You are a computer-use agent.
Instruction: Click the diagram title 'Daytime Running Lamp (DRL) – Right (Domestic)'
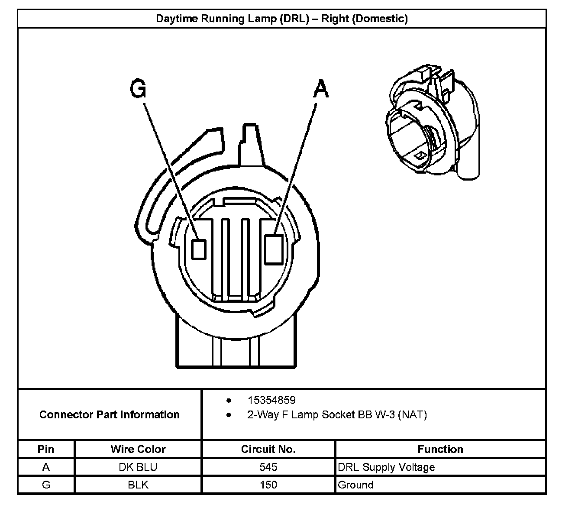pyautogui.click(x=281, y=19)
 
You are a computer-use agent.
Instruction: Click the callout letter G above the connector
pyautogui.click(x=138, y=90)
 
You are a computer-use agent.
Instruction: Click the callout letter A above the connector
pyautogui.click(x=320, y=90)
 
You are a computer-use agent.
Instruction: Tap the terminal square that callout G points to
pyautogui.click(x=199, y=249)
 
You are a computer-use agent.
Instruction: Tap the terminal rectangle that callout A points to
pyautogui.click(x=274, y=249)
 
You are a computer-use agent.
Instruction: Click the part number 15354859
pyautogui.click(x=271, y=400)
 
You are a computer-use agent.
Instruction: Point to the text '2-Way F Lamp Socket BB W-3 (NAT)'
pyautogui.click(x=337, y=415)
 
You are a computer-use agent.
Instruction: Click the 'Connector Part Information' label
pyautogui.click(x=109, y=415)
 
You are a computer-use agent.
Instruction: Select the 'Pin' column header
pyautogui.click(x=46, y=449)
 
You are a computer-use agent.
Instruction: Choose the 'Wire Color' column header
pyautogui.click(x=138, y=449)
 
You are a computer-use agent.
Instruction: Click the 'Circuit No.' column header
pyautogui.click(x=268, y=449)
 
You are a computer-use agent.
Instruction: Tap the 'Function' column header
pyautogui.click(x=440, y=449)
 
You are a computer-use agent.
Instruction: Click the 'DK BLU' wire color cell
pyautogui.click(x=138, y=467)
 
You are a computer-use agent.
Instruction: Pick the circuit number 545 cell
pyautogui.click(x=268, y=467)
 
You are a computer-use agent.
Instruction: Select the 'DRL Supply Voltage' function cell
pyautogui.click(x=386, y=467)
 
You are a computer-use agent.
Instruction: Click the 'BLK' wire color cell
pyautogui.click(x=138, y=485)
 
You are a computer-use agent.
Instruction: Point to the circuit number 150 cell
pyautogui.click(x=268, y=485)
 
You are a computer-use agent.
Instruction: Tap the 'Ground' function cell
pyautogui.click(x=355, y=485)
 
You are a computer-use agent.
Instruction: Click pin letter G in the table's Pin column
pyautogui.click(x=46, y=485)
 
